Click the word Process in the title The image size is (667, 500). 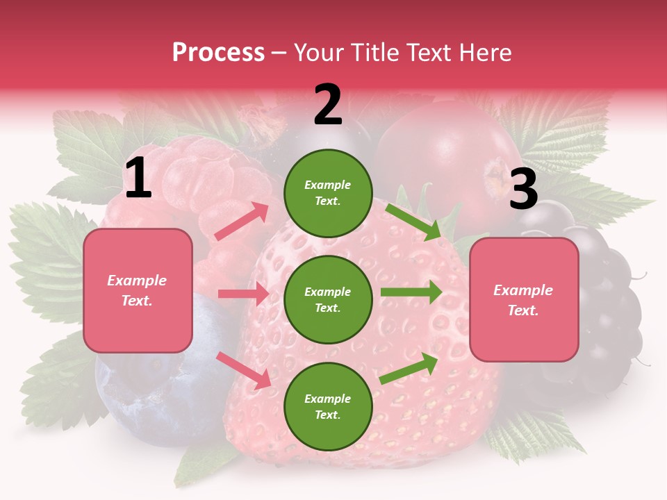218,52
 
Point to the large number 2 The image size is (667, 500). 328,105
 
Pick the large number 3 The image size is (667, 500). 523,189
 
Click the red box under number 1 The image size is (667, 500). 138,290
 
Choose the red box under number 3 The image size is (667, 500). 524,300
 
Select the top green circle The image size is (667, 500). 328,193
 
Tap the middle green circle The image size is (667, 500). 328,299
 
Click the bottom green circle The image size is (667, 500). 328,406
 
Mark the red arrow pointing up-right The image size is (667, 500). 242,222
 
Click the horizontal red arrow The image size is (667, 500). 243,294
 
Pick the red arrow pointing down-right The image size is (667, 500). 244,369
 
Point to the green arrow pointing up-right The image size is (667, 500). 409,367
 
